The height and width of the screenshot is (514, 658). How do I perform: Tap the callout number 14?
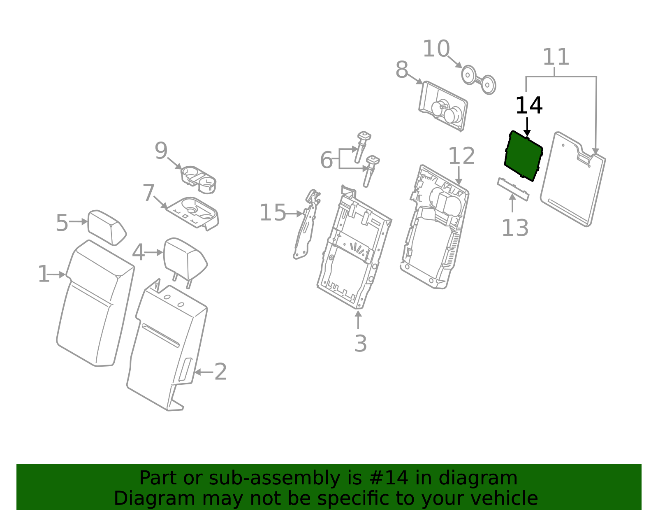point(529,106)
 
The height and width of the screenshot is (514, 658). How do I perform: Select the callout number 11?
point(556,57)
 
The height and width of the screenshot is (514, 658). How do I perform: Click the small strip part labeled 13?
point(513,189)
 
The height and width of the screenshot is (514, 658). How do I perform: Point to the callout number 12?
point(461,156)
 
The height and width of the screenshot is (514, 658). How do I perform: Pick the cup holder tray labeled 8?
point(443,106)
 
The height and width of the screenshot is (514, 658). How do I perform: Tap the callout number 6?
point(326,160)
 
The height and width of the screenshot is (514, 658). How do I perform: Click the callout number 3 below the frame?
point(360,343)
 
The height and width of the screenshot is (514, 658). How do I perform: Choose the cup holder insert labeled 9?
point(199,179)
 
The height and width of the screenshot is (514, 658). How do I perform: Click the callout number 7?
point(148,193)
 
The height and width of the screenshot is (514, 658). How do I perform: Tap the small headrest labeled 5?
point(107,227)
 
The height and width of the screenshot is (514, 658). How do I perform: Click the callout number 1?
point(43,274)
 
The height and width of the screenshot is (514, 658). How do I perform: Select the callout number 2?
point(220,372)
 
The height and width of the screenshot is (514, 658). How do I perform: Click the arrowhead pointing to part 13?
point(512,197)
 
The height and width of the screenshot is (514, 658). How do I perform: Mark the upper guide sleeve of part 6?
point(362,146)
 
